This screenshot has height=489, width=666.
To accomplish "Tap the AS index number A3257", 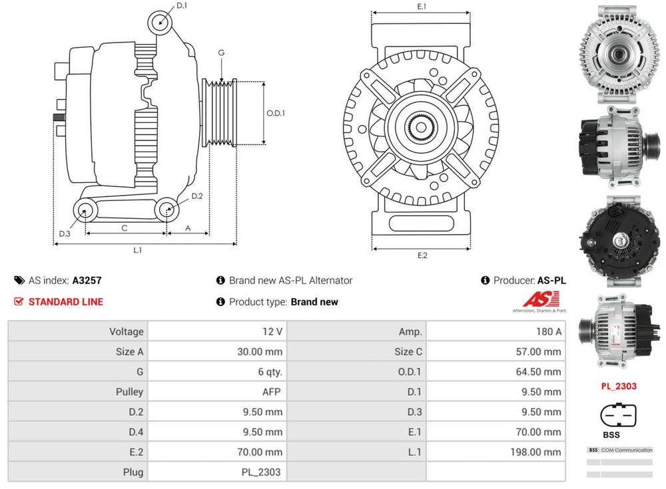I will coord(87,281).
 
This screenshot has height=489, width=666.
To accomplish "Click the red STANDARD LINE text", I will coord(65,301).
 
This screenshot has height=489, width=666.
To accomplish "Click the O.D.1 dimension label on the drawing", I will coord(276,113).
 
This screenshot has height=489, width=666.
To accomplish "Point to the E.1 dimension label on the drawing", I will coord(422,7).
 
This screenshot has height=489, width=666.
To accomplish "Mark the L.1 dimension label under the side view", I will coord(138,251).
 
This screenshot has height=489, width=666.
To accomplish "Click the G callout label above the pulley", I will coord(221,53).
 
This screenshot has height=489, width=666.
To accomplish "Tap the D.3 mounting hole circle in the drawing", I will coord(85,212).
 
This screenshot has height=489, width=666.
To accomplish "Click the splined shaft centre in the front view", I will coord(421,126).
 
